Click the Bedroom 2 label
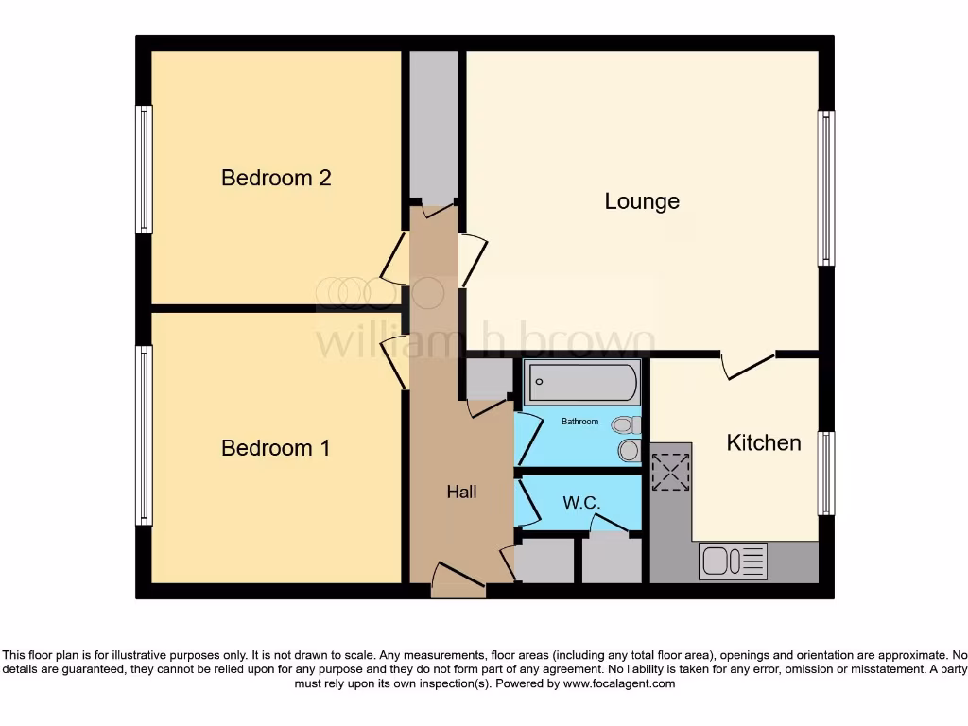click(x=276, y=178)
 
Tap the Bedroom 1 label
click(x=276, y=448)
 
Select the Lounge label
click(x=642, y=201)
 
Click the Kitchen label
click(x=764, y=442)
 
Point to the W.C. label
click(x=581, y=503)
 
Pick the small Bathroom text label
click(x=579, y=421)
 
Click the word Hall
click(x=461, y=492)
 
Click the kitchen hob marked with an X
click(x=671, y=472)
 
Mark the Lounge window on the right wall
click(x=826, y=187)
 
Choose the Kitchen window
click(x=826, y=473)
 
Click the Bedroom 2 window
click(x=145, y=169)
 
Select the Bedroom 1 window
click(x=145, y=435)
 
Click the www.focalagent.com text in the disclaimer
click(x=619, y=683)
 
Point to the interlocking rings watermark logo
click(x=378, y=293)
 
